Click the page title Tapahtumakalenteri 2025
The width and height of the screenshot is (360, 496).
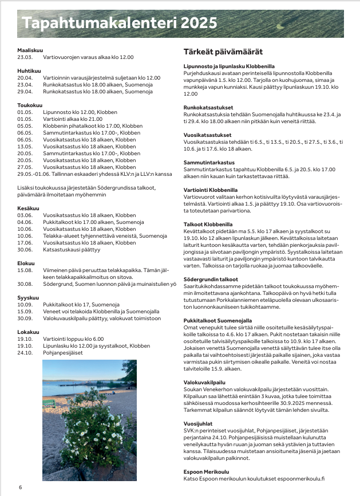click(119, 23)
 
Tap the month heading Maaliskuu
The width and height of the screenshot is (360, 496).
click(30, 50)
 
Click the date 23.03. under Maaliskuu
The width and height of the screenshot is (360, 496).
click(25, 57)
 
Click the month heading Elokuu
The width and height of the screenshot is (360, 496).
click(26, 262)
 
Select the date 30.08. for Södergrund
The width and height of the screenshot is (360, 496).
click(25, 284)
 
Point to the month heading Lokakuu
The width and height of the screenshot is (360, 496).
click(28, 332)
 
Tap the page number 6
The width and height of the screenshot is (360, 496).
click(20, 487)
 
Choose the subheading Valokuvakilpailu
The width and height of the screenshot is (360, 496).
click(204, 382)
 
